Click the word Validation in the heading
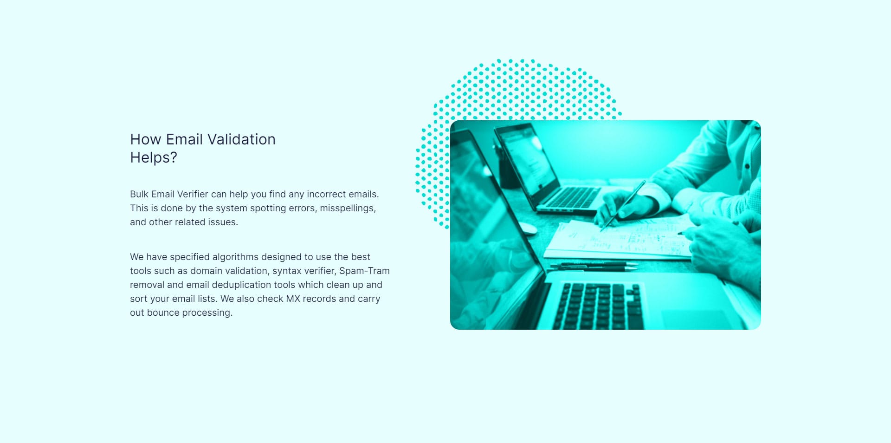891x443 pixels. coord(241,139)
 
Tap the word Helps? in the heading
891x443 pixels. coord(154,158)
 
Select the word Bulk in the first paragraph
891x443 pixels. coord(139,194)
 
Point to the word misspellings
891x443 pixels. coord(348,208)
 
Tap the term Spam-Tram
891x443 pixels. coord(364,271)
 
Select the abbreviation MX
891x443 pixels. coord(293,299)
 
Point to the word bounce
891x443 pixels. coord(163,313)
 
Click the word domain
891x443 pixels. coord(206,271)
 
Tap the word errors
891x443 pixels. coord(302,208)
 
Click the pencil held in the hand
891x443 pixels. coord(623,206)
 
